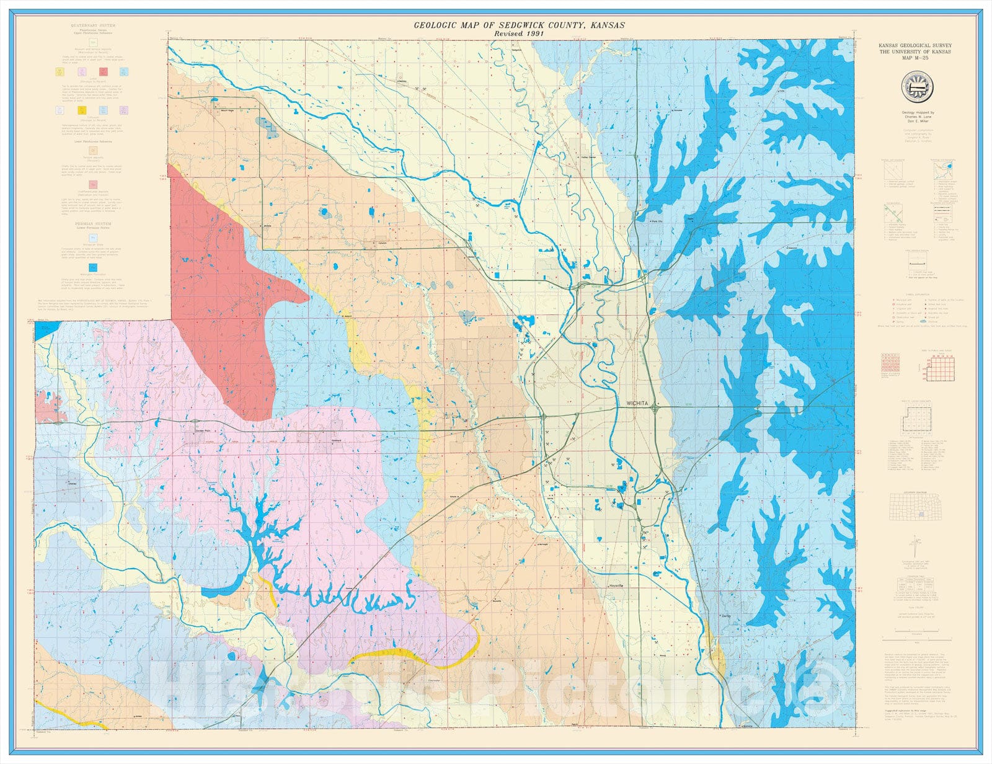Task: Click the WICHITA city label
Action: point(637,404)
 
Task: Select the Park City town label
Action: point(656,221)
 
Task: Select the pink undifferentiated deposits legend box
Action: point(93,184)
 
